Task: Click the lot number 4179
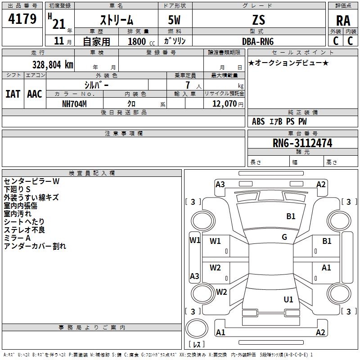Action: (x=22, y=18)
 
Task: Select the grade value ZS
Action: (x=259, y=20)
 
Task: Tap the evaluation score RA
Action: (x=343, y=21)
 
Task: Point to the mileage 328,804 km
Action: (x=53, y=65)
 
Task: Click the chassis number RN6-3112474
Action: (x=302, y=143)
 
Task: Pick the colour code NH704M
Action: (x=74, y=104)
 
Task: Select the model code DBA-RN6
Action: (x=258, y=41)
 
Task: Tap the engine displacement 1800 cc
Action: (x=141, y=41)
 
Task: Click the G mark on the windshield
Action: (x=284, y=237)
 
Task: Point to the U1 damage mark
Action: (x=288, y=299)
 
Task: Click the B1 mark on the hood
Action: (x=291, y=216)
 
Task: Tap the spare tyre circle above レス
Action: (x=197, y=328)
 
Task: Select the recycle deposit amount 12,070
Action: (x=224, y=104)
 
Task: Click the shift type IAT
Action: (x=13, y=94)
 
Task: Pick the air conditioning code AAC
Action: (x=35, y=94)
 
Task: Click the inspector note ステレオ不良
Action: (x=24, y=230)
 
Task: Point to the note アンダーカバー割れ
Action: (x=35, y=246)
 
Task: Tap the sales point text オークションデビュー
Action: (x=288, y=63)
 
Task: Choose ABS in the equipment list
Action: (x=258, y=121)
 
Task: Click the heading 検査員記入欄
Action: (x=92, y=173)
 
